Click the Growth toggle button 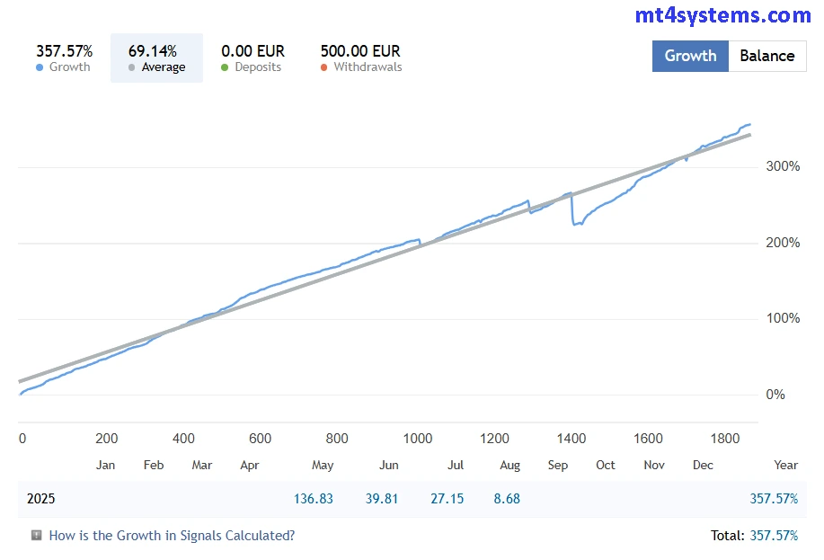690,56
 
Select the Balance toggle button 766,56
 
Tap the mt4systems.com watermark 722,15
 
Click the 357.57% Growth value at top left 64,51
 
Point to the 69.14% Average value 153,51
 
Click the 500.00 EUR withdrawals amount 360,51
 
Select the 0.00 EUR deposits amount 253,51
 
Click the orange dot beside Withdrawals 324,67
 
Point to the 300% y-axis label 782,166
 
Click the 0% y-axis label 775,395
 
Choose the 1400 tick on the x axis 571,439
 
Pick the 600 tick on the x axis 260,439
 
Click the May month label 323,465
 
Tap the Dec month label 703,465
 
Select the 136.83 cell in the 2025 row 314,499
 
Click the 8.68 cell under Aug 507,499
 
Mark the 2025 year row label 41,499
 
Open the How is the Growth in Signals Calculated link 172,536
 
